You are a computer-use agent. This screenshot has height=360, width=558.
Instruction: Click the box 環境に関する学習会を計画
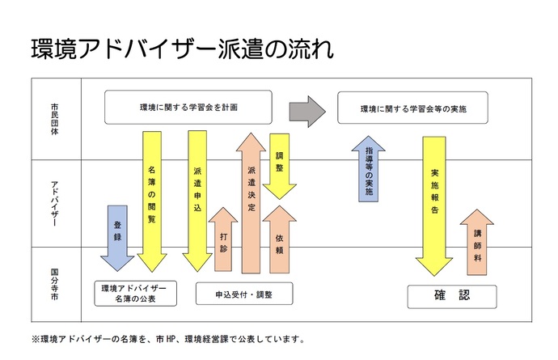click(188, 107)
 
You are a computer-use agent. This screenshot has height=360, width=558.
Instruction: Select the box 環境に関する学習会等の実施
click(413, 107)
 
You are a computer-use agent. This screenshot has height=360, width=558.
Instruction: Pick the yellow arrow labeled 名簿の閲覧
click(152, 198)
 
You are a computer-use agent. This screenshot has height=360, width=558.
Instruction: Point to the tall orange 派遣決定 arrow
click(251, 202)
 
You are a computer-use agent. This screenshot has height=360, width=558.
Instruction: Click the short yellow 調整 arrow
click(280, 166)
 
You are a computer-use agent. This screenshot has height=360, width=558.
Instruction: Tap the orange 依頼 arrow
click(280, 239)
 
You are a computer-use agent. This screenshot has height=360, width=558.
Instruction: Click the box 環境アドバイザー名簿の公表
click(135, 294)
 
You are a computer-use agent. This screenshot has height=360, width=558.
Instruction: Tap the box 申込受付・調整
click(243, 294)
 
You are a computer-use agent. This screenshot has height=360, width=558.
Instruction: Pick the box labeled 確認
click(450, 295)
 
